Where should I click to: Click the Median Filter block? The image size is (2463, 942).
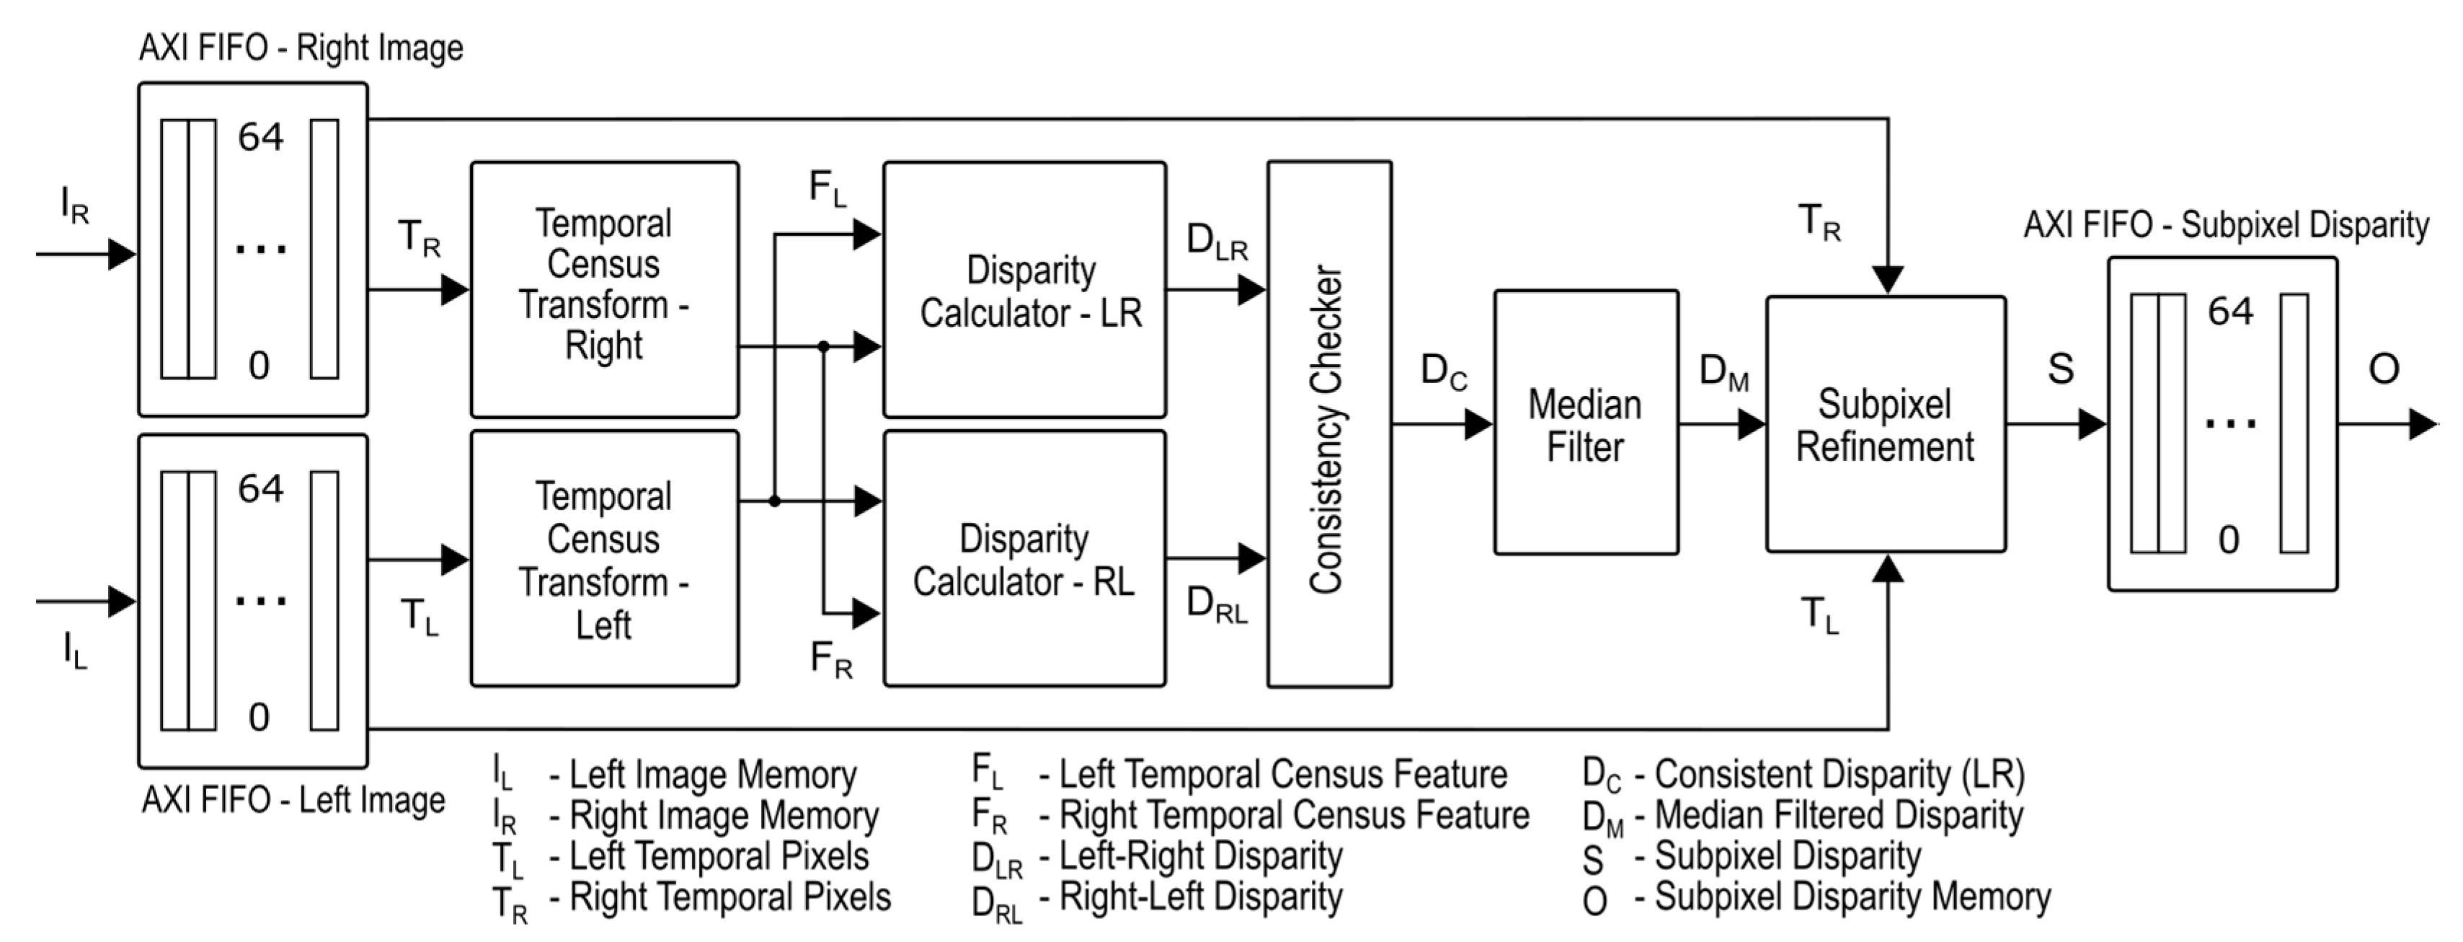pos(1585,423)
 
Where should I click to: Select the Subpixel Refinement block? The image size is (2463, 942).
pos(1884,425)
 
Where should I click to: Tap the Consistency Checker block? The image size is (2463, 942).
pos(1328,425)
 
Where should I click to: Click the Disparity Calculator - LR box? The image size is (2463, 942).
pos(1024,290)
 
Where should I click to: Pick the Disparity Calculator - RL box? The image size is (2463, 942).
pos(1024,560)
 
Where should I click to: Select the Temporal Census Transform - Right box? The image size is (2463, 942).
pos(604,288)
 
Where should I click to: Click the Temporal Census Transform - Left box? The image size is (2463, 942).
pos(604,560)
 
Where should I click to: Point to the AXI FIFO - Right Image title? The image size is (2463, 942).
pos(301,48)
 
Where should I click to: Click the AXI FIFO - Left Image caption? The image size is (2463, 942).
pos(293,799)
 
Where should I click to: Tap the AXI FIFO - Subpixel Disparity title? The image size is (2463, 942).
pos(2226,226)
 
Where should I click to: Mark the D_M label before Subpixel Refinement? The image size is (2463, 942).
pos(1723,371)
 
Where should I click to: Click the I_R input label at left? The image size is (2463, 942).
pos(74,205)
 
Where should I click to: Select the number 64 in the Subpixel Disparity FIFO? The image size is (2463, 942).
pos(2229,312)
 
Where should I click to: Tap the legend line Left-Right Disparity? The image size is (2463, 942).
pos(1200,856)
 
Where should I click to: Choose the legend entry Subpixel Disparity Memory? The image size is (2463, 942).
pos(1852,897)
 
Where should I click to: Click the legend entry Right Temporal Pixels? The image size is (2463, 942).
pos(729,897)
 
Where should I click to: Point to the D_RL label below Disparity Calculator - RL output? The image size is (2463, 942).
pos(1216,604)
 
